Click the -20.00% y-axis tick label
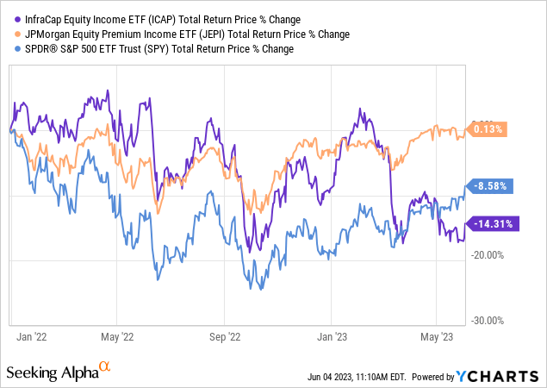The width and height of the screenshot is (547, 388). click(499, 254)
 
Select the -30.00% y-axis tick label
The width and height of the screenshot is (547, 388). click(499, 320)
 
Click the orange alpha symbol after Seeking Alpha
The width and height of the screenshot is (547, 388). click(105, 368)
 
